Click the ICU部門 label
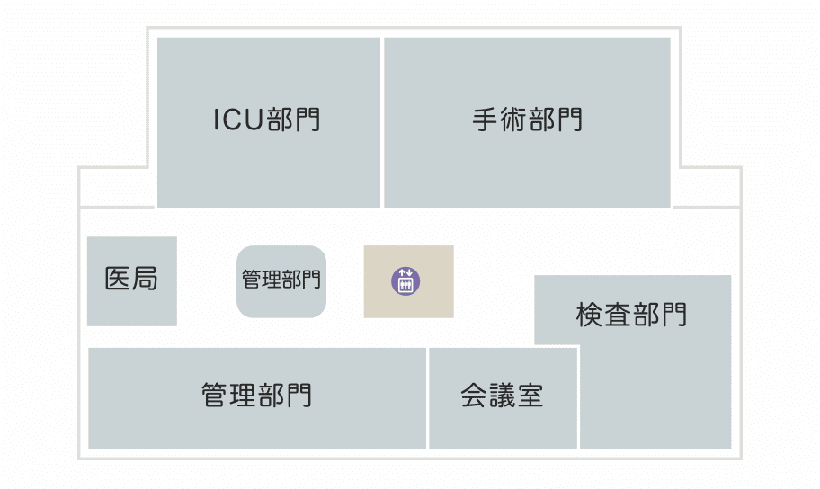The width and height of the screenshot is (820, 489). pos(267,120)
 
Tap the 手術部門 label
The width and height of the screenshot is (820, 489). pos(527,120)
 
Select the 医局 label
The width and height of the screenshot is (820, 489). pos(131,280)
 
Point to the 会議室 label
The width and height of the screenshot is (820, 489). pos(503,396)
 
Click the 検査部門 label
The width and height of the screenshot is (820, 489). pos(632,316)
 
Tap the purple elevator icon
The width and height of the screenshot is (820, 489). pos(406,281)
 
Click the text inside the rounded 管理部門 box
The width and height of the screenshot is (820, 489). pos(281,280)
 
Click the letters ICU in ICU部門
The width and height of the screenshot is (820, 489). pos(238,120)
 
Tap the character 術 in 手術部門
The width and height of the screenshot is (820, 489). pos(513,120)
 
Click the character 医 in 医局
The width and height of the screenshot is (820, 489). pos(118,280)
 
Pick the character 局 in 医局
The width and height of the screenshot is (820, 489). pos(145,280)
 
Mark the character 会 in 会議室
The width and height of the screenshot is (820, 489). pos(475,396)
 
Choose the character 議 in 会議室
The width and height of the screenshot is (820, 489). pos(503,396)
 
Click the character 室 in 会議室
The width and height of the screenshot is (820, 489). pos(530,396)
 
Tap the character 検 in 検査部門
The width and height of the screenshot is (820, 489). pos(590,316)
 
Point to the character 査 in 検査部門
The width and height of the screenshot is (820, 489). pos(618,316)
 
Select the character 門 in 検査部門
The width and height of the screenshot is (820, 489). pos(674,316)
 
